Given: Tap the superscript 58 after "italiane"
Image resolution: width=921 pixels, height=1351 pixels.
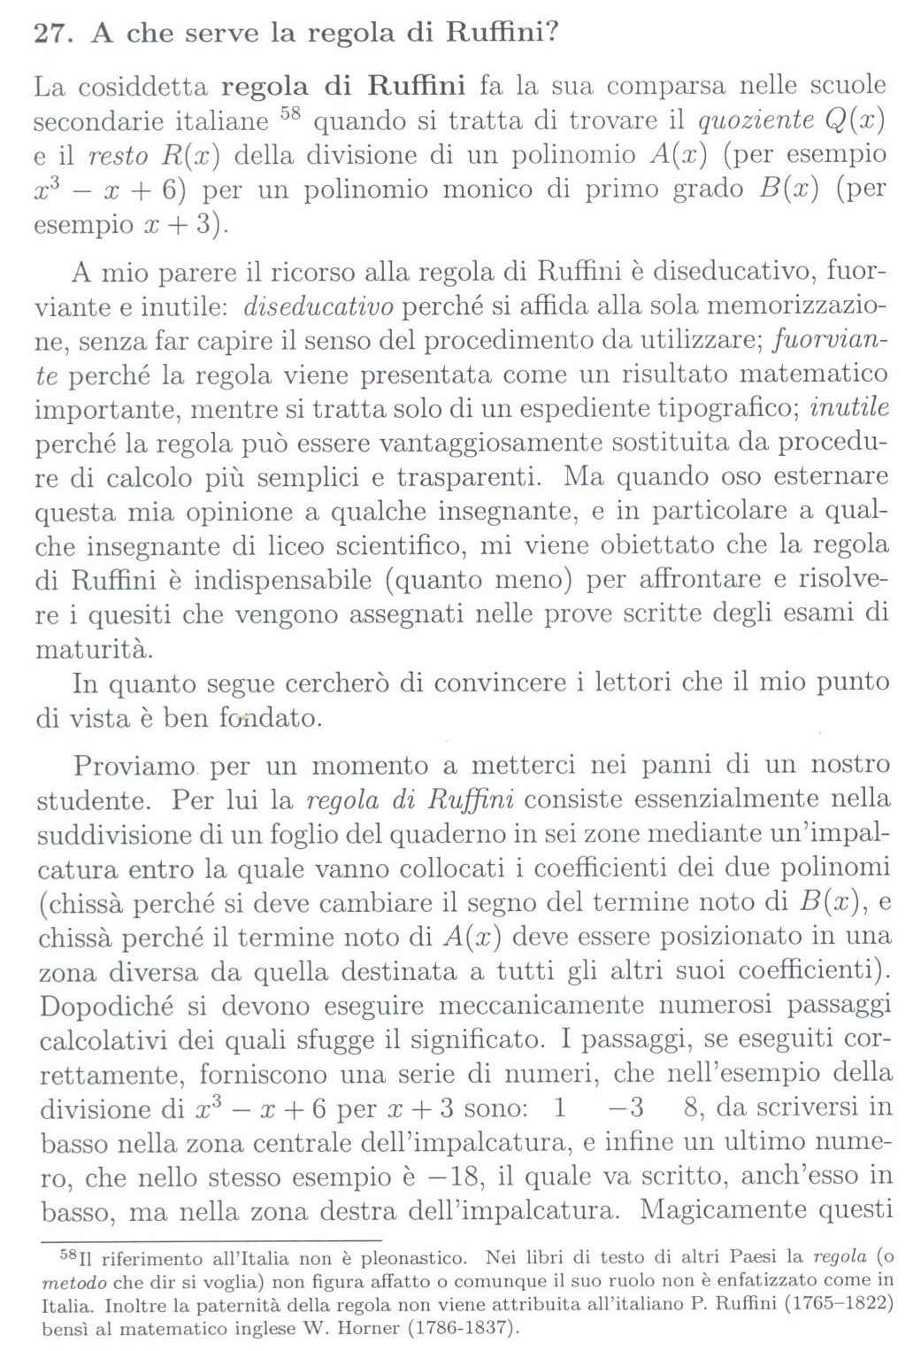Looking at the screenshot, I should pyautogui.click(x=290, y=114).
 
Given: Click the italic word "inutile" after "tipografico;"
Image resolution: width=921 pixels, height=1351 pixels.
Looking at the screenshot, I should pyautogui.click(x=848, y=407).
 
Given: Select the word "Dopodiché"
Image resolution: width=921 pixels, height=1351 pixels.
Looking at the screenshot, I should pyautogui.click(x=107, y=1005).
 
